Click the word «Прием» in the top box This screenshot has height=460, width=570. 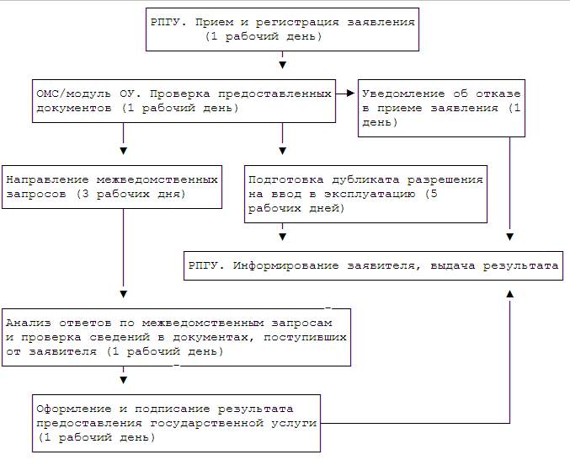(x=214, y=23)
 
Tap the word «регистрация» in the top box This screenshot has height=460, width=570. (x=297, y=23)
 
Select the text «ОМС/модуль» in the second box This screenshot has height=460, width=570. (x=74, y=94)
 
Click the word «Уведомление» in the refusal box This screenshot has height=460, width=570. (x=403, y=94)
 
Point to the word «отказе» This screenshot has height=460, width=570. (x=498, y=94)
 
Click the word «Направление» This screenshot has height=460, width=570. (x=48, y=179)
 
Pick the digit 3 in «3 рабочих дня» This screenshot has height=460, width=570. (x=85, y=194)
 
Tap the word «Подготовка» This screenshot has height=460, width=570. (x=286, y=180)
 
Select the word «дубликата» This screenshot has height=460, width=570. (x=365, y=180)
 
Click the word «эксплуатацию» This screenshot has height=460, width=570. (x=370, y=194)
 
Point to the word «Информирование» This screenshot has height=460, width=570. (x=285, y=266)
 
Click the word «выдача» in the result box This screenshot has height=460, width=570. (x=453, y=266)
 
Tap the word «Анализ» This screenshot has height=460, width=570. (x=29, y=323)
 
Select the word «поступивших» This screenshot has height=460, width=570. (x=305, y=338)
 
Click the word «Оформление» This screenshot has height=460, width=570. (x=74, y=409)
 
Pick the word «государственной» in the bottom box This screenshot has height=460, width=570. (x=206, y=423)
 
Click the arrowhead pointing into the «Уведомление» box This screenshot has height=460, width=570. (x=350, y=94)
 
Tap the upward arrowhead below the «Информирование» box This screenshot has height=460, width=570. (x=509, y=294)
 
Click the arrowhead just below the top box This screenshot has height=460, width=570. (x=282, y=65)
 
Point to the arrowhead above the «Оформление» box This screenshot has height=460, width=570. (x=123, y=380)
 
